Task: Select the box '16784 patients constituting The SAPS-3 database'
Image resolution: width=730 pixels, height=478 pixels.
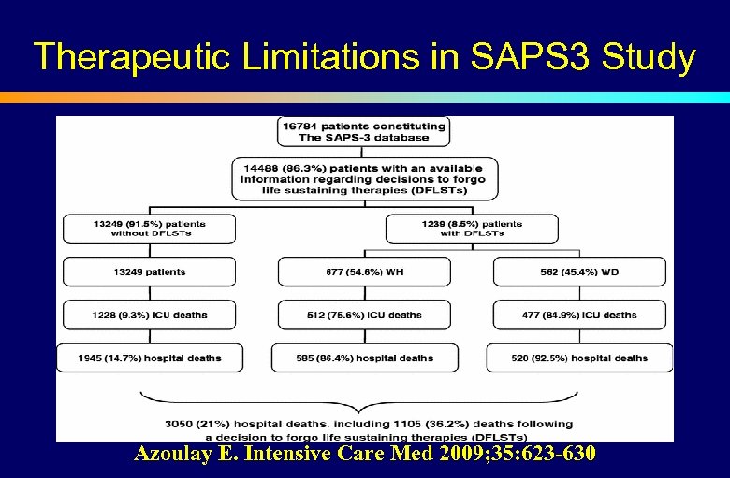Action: click(x=364, y=131)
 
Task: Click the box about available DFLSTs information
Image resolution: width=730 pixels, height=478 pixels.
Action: click(x=364, y=178)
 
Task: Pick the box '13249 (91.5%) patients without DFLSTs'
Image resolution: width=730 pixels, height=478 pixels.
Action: click(x=150, y=229)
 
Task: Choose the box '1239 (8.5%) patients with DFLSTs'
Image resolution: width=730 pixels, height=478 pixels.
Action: click(x=471, y=229)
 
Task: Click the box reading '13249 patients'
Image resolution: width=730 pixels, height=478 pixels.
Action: click(x=150, y=272)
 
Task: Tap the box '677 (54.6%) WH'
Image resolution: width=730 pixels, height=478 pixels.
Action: click(x=364, y=272)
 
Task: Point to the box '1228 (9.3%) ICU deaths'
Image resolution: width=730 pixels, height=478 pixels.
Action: click(x=150, y=315)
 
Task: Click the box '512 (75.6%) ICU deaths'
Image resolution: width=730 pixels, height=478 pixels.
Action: click(x=364, y=315)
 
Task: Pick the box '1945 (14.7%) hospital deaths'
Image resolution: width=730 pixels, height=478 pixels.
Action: click(x=150, y=358)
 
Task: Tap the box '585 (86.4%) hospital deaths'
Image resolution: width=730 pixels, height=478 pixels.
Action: click(x=364, y=358)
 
